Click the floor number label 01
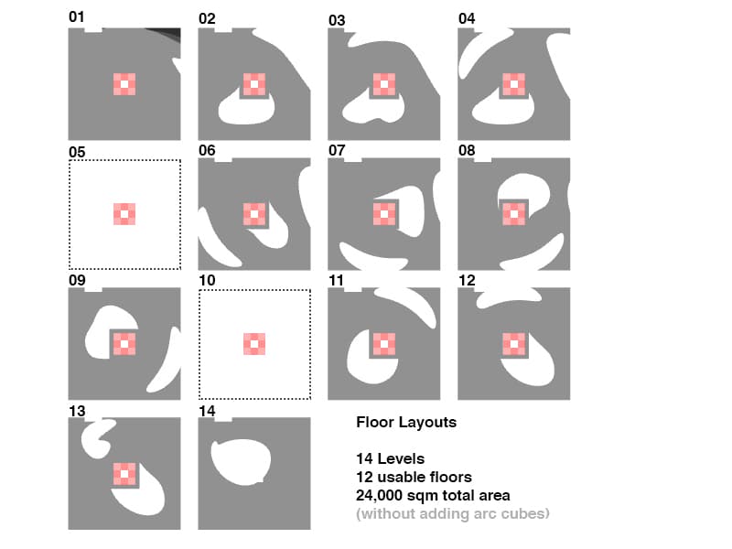click(77, 16)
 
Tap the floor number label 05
click(77, 152)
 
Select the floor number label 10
click(207, 280)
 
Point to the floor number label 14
click(207, 411)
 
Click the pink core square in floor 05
click(124, 214)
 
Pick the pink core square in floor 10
click(254, 344)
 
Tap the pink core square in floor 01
click(124, 84)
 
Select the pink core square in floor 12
click(514, 344)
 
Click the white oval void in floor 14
click(241, 462)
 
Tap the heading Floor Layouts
click(406, 422)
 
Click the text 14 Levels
click(391, 458)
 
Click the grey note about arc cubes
click(453, 513)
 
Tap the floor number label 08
click(467, 150)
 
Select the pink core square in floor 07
click(384, 214)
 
